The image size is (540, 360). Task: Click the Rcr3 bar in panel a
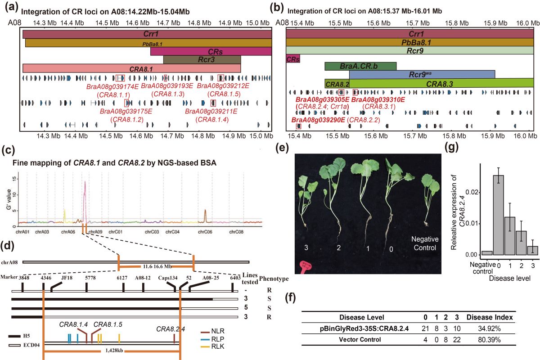pyautogui.click(x=202, y=59)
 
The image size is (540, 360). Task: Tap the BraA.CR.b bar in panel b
pyautogui.click(x=360, y=66)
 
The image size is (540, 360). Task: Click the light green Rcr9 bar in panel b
pyautogui.click(x=409, y=50)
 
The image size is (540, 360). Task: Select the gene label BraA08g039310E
pyautogui.click(x=378, y=99)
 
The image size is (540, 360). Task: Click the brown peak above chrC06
pyautogui.click(x=205, y=216)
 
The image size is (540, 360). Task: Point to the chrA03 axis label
pyautogui.click(x=42, y=232)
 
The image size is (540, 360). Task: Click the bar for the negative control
pyautogui.click(x=486, y=253)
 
